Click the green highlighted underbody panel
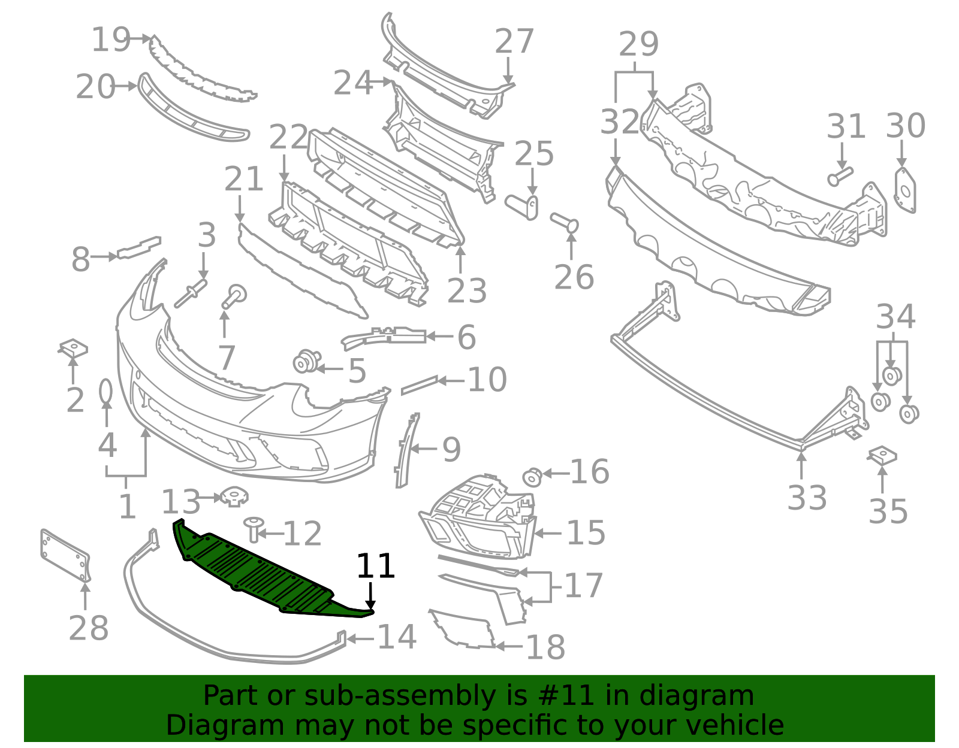click(x=258, y=569)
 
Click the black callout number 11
click(x=376, y=566)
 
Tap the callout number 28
click(x=89, y=628)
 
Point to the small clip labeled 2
click(x=74, y=348)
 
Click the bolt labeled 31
click(x=840, y=175)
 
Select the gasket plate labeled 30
click(x=905, y=190)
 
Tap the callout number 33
click(x=807, y=498)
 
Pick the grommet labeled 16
click(x=532, y=477)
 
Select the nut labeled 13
click(x=234, y=496)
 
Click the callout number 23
click(x=466, y=291)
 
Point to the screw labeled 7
click(x=234, y=296)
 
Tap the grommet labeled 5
click(x=306, y=362)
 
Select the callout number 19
click(x=111, y=40)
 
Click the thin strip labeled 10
click(x=419, y=385)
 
